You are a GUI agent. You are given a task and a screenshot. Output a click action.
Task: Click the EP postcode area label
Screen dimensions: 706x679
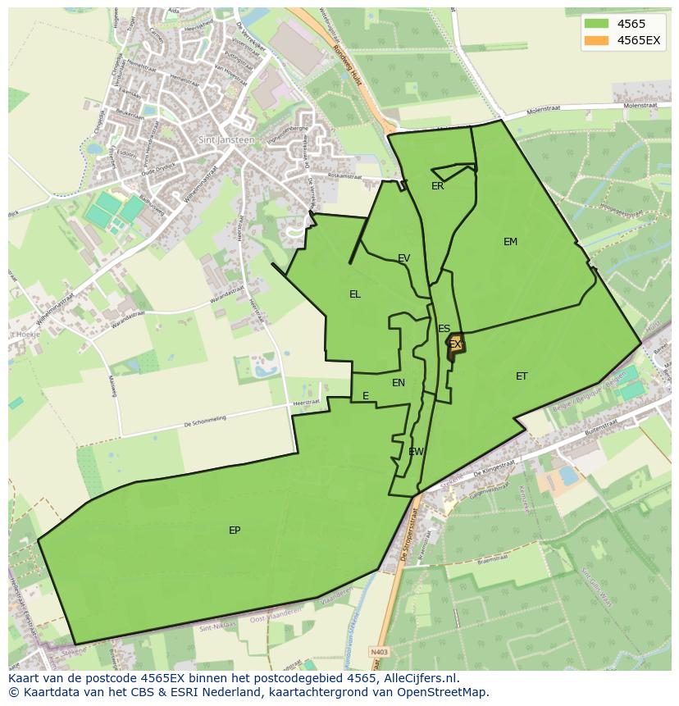tap(235, 531)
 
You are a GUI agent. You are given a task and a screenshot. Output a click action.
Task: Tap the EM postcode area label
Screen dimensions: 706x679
tap(510, 242)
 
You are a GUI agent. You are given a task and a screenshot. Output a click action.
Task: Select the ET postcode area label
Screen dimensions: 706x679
tap(522, 376)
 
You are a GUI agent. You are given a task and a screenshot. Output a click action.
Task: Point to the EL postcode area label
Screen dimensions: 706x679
tap(354, 294)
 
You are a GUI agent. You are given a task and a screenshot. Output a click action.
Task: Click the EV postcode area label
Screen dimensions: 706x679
tap(403, 258)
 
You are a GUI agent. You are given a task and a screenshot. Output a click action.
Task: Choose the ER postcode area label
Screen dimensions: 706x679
tap(437, 186)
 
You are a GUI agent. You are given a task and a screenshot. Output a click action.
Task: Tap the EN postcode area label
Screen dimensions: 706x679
tap(399, 383)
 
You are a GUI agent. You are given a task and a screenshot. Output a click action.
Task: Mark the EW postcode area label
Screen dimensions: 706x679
tap(416, 452)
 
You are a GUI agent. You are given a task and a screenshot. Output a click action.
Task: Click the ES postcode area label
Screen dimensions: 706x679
tap(444, 329)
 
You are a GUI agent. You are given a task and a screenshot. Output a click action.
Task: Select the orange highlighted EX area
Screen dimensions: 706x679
tap(456, 345)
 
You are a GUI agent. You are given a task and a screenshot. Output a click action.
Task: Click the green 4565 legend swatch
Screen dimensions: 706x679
tap(596, 25)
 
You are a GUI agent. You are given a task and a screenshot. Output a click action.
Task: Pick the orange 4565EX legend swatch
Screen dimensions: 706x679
tap(596, 40)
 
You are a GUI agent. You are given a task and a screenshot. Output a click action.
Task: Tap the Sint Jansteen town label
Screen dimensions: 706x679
tap(226, 139)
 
